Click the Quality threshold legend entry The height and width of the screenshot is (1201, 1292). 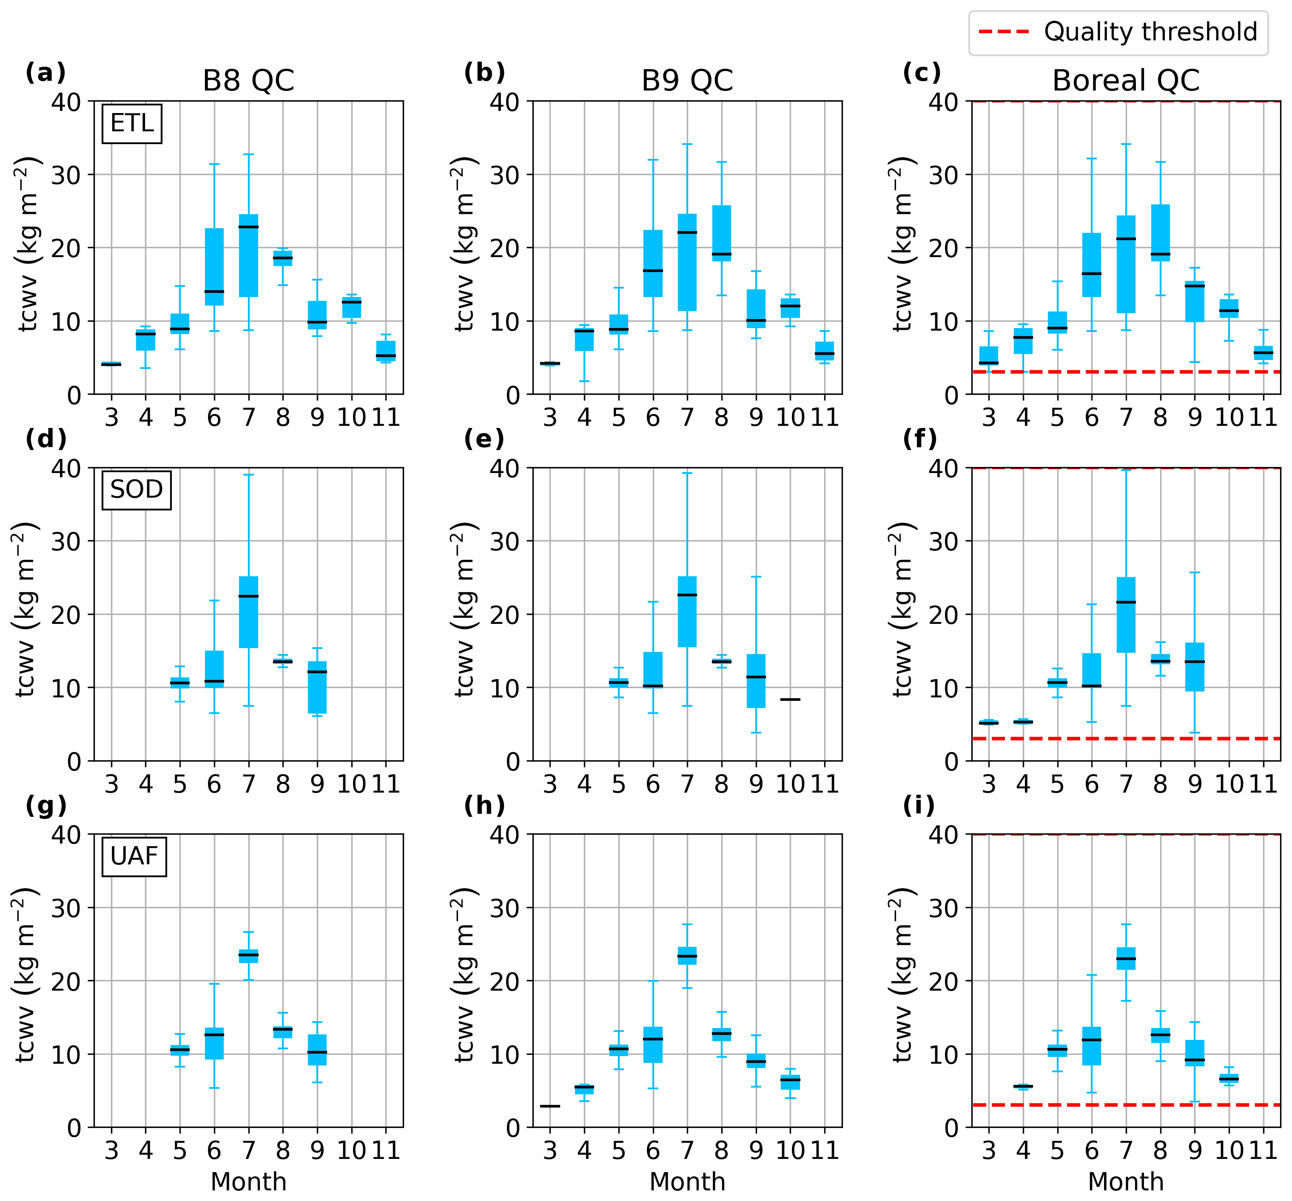[x=1118, y=32]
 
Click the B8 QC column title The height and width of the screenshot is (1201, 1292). [x=248, y=81]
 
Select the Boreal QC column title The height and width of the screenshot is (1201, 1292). [x=1126, y=81]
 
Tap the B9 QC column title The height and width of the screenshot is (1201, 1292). [x=687, y=81]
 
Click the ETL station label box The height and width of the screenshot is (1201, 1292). [x=132, y=123]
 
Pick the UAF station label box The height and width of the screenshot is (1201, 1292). [x=134, y=856]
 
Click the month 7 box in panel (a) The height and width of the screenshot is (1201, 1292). [x=248, y=255]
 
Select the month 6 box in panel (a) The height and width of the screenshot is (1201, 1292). [x=214, y=266]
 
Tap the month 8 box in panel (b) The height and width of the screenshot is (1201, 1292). [x=721, y=233]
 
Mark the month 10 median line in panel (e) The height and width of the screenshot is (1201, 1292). [x=790, y=700]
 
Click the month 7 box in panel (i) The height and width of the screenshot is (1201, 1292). [x=1126, y=959]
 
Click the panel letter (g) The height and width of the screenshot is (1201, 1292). [x=46, y=806]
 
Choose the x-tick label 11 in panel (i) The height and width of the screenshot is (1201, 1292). [x=1263, y=1150]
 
